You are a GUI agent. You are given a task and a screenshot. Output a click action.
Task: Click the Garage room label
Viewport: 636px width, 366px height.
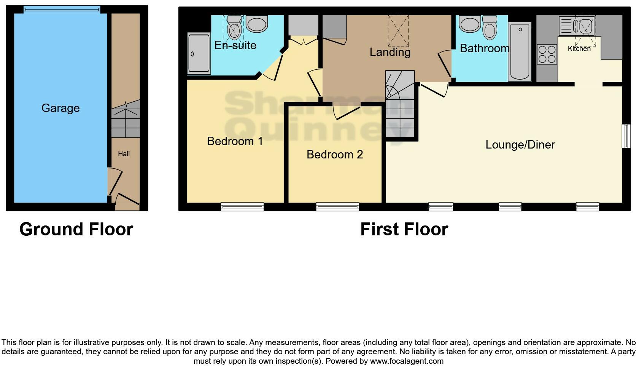pyautogui.click(x=60, y=108)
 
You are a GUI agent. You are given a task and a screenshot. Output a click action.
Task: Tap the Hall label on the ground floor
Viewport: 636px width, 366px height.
pyautogui.click(x=124, y=154)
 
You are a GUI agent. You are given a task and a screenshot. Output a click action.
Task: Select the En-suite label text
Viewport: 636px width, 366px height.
pyautogui.click(x=235, y=45)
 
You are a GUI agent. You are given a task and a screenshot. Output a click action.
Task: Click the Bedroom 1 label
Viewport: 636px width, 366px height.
pyautogui.click(x=235, y=141)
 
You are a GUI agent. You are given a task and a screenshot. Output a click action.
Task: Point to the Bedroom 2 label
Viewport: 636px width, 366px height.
pyautogui.click(x=335, y=155)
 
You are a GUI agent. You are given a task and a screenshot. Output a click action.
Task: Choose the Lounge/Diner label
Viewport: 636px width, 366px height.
pyautogui.click(x=520, y=145)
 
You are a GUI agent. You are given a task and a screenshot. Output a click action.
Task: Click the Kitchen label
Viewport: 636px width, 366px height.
pyautogui.click(x=579, y=49)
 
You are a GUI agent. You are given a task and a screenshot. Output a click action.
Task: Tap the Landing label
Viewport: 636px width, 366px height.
pyautogui.click(x=390, y=52)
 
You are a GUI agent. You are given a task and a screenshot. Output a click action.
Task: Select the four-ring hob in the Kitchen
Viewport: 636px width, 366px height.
pyautogui.click(x=547, y=54)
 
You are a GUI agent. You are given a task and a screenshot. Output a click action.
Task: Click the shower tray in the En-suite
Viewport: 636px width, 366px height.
pyautogui.click(x=199, y=54)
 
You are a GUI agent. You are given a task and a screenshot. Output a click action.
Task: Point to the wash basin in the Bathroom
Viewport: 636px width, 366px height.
pyautogui.click(x=470, y=24)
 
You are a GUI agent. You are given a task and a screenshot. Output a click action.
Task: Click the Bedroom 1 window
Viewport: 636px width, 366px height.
pyautogui.click(x=242, y=207)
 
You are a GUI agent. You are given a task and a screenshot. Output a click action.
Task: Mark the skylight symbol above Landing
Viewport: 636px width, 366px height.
pyautogui.click(x=398, y=30)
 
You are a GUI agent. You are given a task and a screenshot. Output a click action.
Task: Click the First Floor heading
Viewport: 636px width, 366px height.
pyautogui.click(x=404, y=229)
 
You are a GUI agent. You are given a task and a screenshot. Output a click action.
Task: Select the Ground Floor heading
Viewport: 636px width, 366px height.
pyautogui.click(x=76, y=229)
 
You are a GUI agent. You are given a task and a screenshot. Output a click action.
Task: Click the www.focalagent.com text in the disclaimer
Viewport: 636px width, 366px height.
pyautogui.click(x=407, y=361)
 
